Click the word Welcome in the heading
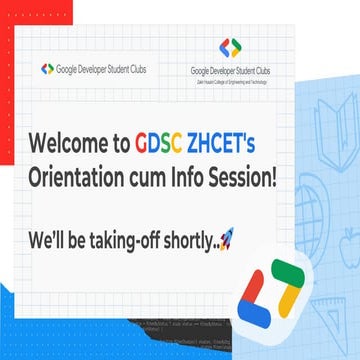[x=68, y=142]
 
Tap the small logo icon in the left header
[x=48, y=69]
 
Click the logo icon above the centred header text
[x=230, y=47]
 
